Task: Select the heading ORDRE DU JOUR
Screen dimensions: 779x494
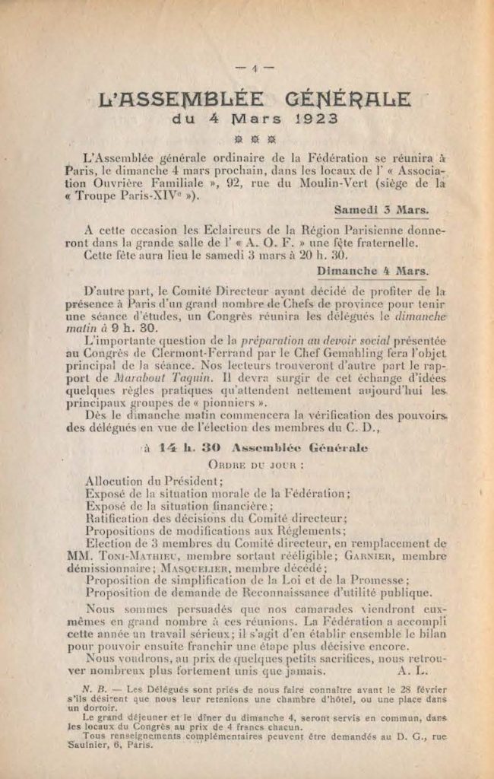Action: coord(246,463)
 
